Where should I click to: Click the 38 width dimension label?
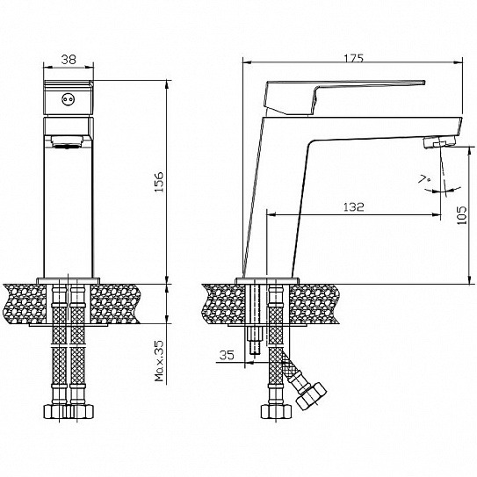(69, 60)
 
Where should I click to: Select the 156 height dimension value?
(159, 182)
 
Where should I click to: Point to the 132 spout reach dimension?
(353, 207)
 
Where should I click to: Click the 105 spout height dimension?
(462, 215)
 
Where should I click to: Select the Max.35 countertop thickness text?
(159, 361)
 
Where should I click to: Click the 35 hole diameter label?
(227, 355)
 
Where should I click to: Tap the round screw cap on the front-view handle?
(68, 99)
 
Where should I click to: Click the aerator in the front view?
(67, 141)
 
